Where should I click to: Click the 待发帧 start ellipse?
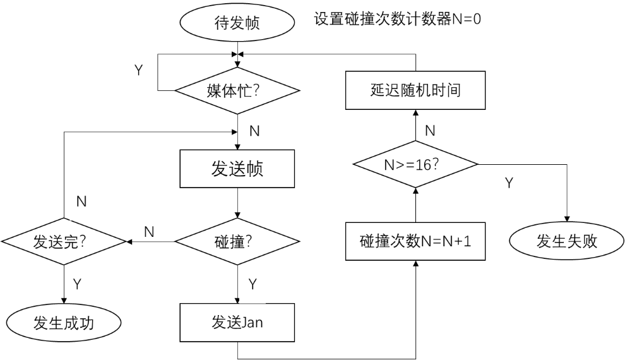pos(237,24)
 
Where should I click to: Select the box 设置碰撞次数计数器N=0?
pos(397,19)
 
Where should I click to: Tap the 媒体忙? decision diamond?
pos(237,90)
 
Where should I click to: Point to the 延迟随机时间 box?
pos(415,90)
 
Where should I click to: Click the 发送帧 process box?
pos(237,169)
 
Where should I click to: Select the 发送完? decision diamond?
pos(64,242)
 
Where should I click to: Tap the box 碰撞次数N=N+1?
pos(415,242)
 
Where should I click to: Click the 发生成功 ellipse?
pos(63,323)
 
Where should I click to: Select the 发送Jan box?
pos(237,323)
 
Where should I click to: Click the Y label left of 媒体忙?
pos(139,69)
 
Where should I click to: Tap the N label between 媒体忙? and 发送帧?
pos(254,131)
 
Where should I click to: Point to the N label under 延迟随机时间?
pos(430,131)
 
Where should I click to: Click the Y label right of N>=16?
pos(509,183)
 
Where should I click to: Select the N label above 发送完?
pos(81,201)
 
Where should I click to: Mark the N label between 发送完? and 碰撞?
pos(149,232)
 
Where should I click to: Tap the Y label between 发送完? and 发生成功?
pos(77,284)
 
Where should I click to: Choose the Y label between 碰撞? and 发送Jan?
pos(253,284)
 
